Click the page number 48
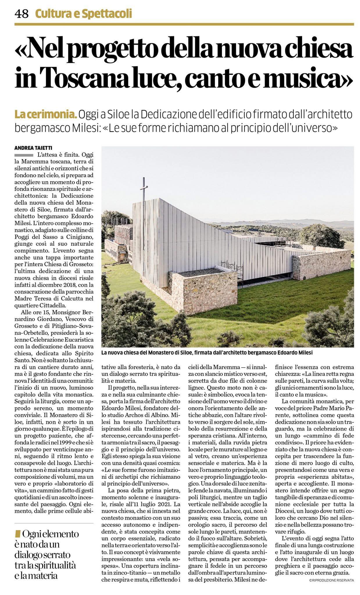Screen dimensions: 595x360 tap(22, 13)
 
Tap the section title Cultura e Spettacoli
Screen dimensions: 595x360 tap(83, 13)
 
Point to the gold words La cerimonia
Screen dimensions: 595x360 tap(46, 115)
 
